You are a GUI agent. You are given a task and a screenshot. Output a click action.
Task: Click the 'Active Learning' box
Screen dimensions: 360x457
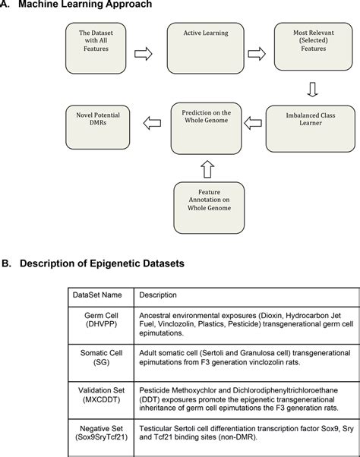click(x=206, y=49)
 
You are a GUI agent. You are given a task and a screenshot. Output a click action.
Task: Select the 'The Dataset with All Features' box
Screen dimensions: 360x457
click(x=96, y=49)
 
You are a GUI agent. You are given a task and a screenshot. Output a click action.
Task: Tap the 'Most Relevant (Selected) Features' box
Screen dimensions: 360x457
click(x=314, y=46)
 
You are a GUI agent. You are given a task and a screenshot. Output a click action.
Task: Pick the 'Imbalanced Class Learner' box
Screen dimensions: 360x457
click(x=311, y=129)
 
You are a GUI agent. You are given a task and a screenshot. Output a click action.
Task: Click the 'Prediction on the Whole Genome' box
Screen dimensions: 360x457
click(x=207, y=128)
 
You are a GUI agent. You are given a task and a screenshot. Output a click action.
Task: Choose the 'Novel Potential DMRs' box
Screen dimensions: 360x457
click(x=98, y=128)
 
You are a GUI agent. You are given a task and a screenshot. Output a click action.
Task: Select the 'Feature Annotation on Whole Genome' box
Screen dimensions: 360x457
click(x=209, y=208)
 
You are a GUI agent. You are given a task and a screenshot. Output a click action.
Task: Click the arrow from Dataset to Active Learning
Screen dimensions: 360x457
click(x=144, y=54)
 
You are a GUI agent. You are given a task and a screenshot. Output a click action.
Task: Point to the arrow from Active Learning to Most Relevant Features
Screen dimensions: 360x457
click(x=257, y=54)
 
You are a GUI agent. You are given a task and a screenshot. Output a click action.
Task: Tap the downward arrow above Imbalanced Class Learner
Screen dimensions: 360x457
click(x=312, y=90)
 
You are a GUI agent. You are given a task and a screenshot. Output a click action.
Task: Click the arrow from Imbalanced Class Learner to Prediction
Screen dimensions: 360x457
click(x=253, y=123)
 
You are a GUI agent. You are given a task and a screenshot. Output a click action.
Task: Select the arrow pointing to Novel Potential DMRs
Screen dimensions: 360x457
click(x=152, y=123)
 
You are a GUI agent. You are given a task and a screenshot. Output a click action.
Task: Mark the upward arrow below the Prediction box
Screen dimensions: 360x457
click(x=207, y=169)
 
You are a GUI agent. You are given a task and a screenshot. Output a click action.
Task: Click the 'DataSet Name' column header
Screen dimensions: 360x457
click(x=97, y=295)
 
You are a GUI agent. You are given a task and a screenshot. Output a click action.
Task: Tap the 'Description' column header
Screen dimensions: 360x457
click(x=158, y=295)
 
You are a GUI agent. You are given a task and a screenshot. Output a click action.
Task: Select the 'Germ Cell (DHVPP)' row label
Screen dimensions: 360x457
click(x=101, y=320)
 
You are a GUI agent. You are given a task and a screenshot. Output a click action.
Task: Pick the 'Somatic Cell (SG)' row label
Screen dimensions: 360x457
click(x=101, y=358)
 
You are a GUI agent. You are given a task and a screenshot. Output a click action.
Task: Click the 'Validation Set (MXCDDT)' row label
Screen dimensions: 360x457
click(x=101, y=395)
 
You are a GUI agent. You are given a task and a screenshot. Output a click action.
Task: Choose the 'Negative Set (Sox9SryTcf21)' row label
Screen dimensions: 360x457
click(x=101, y=433)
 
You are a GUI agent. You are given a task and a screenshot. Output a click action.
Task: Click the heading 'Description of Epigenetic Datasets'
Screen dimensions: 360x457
click(x=102, y=263)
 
